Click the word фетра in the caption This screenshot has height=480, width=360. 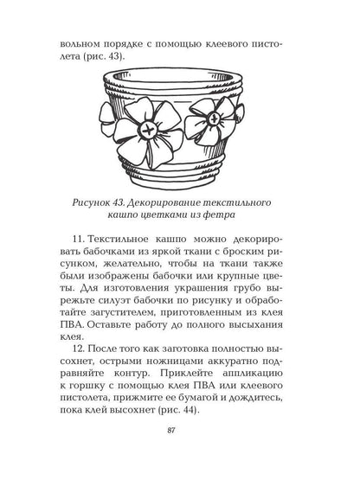pyautogui.click(x=246, y=214)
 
